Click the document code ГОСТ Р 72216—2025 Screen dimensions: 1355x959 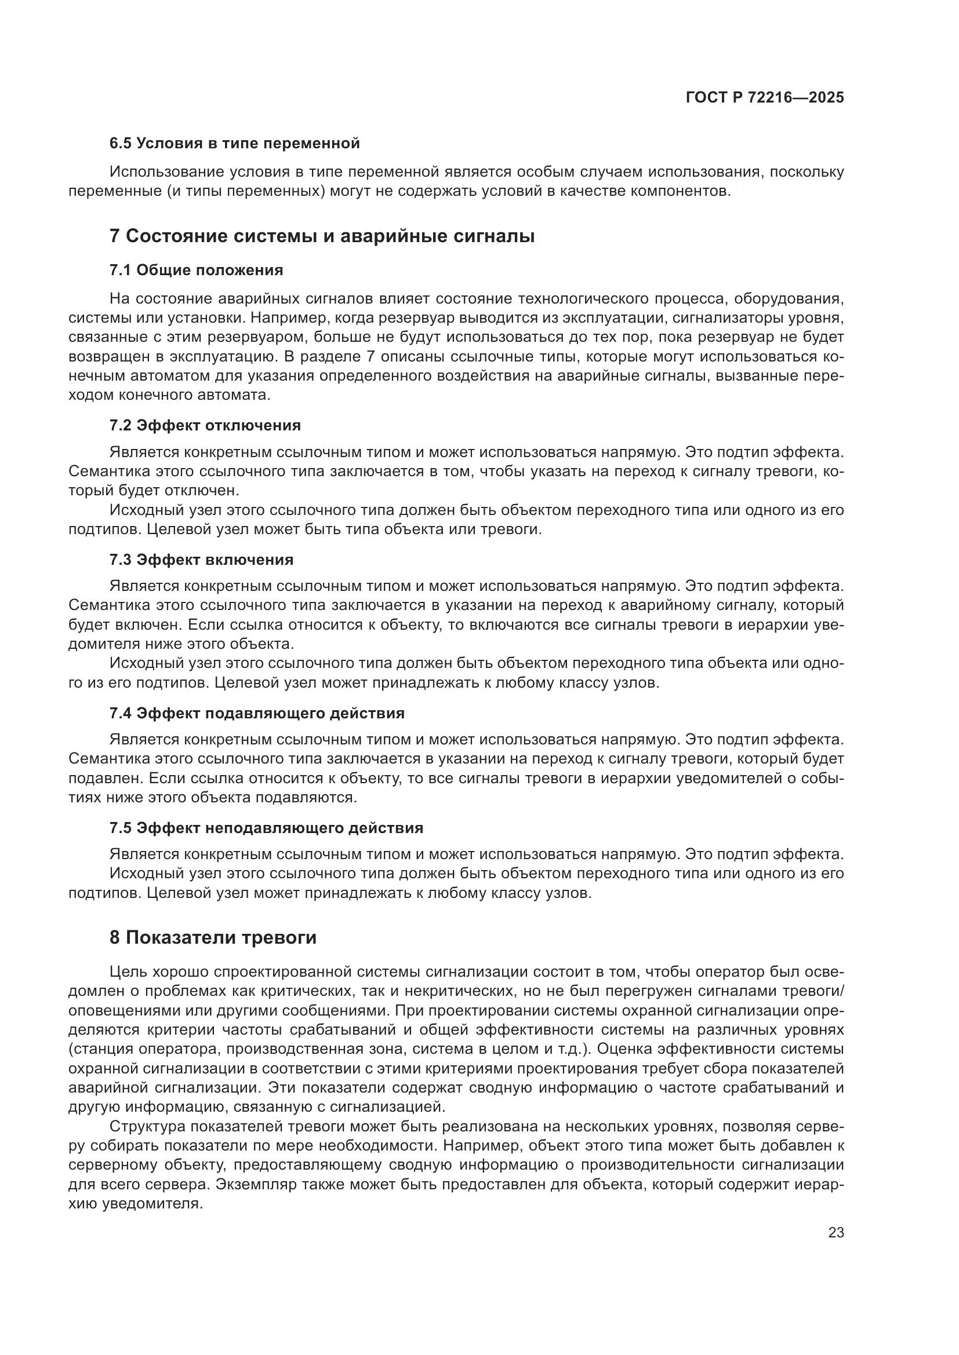tap(765, 98)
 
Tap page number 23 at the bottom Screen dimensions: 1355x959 tap(836, 1232)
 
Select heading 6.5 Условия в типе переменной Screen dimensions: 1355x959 tap(234, 143)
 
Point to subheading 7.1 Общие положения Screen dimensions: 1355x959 tap(196, 271)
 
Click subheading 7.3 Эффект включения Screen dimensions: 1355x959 tap(201, 559)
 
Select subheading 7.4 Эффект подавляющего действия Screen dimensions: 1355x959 tap(257, 713)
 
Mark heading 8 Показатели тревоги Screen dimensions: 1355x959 tap(213, 937)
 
